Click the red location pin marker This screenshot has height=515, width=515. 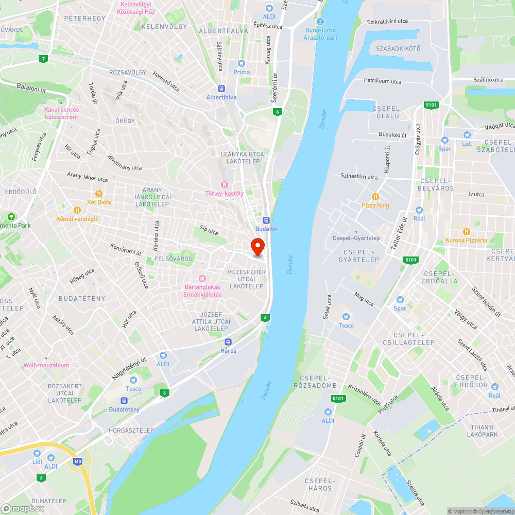257,247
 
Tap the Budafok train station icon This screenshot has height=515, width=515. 266,219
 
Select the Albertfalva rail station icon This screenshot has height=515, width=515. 221,88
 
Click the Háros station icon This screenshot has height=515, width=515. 228,341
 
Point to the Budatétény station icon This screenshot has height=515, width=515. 124,401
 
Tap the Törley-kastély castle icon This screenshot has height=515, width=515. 224,185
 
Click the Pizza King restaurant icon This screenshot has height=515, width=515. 375,196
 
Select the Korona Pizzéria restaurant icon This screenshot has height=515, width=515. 466,231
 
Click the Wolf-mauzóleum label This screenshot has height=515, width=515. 46,366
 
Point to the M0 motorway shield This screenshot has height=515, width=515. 78,461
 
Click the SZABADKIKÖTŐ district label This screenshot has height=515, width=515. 398,48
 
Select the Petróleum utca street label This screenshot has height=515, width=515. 382,81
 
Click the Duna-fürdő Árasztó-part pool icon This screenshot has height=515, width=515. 320,21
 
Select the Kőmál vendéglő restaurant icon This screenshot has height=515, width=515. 77,210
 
